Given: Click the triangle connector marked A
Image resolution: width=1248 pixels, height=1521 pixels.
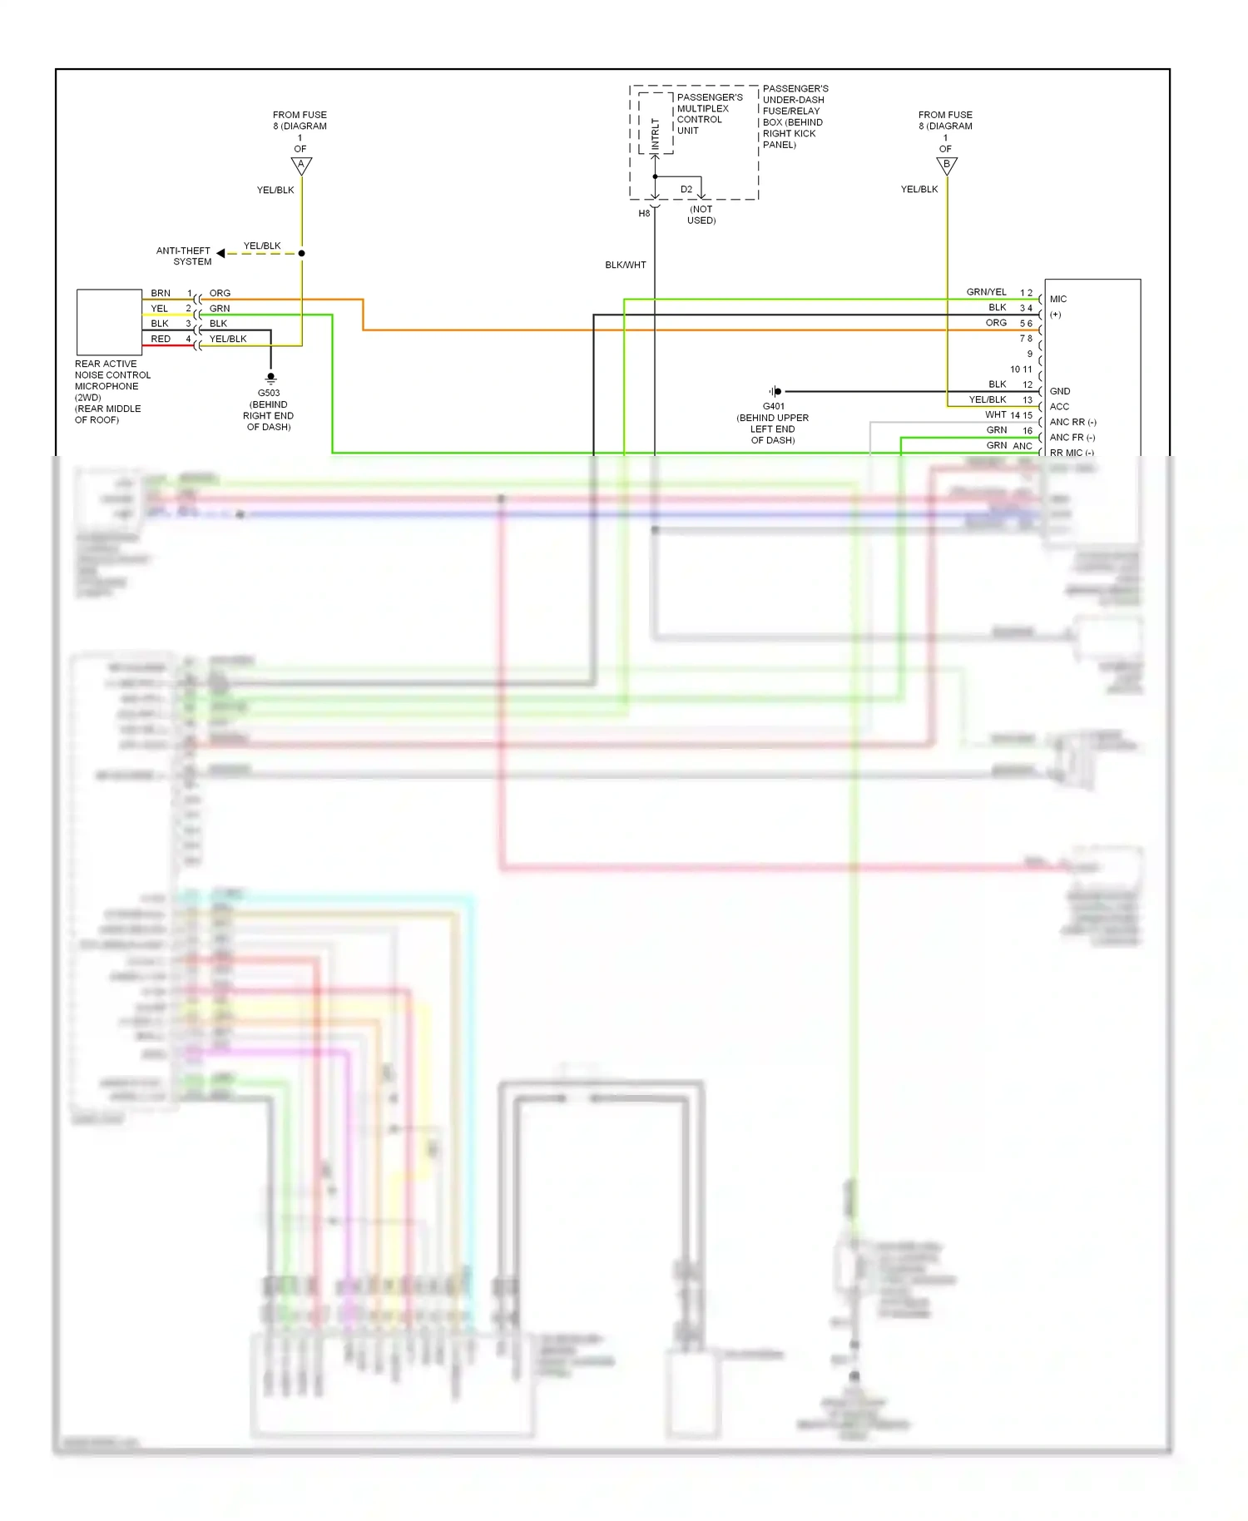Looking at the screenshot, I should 301,166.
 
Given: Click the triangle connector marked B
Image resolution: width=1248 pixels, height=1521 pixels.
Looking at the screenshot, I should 947,166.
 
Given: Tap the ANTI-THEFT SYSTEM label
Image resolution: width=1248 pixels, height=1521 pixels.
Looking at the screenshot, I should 184,256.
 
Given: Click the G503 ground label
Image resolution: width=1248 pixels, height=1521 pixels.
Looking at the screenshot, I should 269,394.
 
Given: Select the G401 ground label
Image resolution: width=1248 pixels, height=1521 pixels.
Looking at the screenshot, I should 773,407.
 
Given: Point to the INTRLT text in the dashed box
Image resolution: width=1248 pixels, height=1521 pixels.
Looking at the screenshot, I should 656,133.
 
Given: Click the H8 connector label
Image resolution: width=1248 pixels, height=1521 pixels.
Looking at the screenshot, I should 644,214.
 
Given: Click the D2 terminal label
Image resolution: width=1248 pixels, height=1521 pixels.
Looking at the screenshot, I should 686,190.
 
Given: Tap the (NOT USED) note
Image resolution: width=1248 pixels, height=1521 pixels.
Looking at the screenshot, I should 701,215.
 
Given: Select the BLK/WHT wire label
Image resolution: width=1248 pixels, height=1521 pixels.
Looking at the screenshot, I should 626,265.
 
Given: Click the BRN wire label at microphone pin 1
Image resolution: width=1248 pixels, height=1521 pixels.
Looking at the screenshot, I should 161,294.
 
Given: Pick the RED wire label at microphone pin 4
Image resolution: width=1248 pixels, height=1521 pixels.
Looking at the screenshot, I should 161,339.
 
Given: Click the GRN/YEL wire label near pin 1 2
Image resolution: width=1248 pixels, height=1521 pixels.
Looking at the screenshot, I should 986,292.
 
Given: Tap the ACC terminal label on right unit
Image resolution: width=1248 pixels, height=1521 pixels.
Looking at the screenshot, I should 1059,407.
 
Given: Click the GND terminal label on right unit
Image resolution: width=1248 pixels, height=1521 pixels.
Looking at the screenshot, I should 1060,391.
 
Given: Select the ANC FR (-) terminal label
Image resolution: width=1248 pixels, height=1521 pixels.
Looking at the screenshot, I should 1072,438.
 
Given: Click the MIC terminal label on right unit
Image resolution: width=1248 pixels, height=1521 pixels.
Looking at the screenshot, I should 1058,299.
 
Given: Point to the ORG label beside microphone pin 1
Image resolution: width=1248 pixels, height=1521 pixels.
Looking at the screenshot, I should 220,294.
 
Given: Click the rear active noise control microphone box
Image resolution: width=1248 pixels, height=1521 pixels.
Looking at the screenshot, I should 109,323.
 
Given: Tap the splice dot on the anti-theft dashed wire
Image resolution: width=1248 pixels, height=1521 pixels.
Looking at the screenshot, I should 301,253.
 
